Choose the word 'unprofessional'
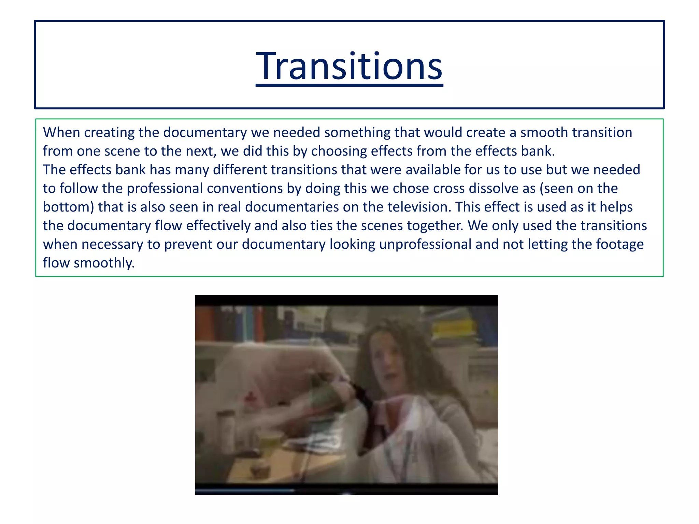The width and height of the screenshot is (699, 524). coord(425,244)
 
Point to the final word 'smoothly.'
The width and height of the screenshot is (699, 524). coord(104,263)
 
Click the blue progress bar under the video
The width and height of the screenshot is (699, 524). coord(244,490)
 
